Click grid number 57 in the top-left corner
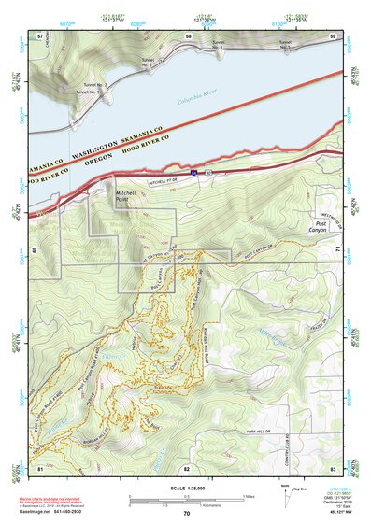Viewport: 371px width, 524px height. pyautogui.click(x=40, y=35)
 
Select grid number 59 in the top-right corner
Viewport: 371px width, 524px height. pyautogui.click(x=333, y=35)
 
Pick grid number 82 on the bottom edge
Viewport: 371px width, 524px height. pyautogui.click(x=186, y=467)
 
